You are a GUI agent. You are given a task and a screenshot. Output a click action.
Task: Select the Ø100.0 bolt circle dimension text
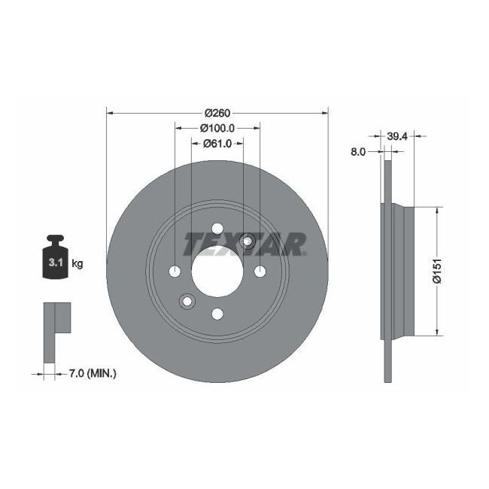(218, 128)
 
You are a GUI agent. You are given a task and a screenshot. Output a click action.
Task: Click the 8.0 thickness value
(358, 151)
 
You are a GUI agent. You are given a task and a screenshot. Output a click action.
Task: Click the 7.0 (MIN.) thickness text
(91, 372)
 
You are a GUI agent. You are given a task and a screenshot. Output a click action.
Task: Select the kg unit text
(77, 263)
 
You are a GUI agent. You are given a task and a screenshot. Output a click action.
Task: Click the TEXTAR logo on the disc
(245, 243)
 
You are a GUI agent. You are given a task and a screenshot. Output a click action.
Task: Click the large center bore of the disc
(217, 272)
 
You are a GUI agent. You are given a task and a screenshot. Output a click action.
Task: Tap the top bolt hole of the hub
(217, 229)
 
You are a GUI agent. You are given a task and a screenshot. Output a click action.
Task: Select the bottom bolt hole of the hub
(217, 314)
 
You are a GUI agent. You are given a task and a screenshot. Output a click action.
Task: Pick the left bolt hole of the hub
(175, 272)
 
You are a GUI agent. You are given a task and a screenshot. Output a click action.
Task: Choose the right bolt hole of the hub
(260, 272)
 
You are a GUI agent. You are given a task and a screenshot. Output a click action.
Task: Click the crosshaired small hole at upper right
(248, 241)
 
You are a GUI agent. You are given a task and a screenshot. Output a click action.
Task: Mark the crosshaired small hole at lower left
(187, 302)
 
